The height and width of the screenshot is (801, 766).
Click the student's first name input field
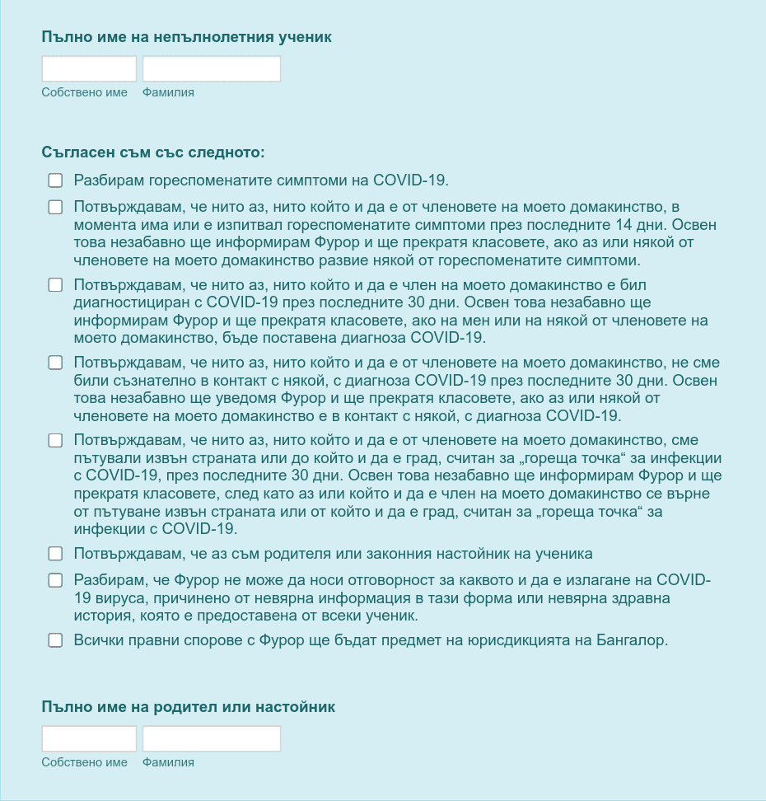coord(89,68)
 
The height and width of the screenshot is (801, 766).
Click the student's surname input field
coord(212,68)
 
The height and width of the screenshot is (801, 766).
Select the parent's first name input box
coord(89,738)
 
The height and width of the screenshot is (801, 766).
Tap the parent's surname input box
coord(212,738)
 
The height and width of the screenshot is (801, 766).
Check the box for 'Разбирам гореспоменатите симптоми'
coord(55,180)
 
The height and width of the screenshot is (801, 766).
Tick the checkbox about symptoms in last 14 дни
coord(55,207)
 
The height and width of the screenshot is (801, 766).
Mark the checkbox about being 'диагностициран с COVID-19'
coord(55,285)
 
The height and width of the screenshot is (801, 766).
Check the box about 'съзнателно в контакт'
coord(55,363)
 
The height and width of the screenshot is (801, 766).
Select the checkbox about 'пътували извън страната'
coord(55,441)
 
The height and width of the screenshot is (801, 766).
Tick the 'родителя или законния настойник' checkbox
coord(55,554)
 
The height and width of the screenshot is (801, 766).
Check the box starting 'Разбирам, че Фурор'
coord(55,580)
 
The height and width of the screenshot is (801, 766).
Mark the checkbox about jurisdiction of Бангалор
coord(55,640)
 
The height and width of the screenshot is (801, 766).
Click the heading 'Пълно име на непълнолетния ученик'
coord(186,37)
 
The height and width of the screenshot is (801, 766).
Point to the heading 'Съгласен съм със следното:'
coord(152,152)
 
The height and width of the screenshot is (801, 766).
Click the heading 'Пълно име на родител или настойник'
coord(188,707)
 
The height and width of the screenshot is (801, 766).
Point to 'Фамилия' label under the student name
coord(168,92)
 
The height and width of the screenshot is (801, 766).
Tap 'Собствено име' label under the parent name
coord(85,762)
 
